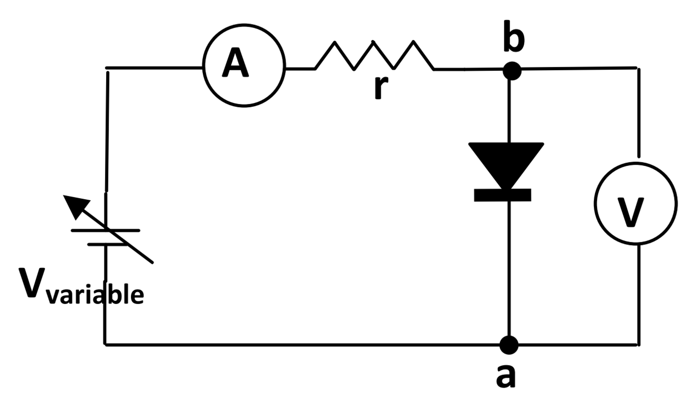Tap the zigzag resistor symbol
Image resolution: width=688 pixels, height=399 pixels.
click(x=374, y=55)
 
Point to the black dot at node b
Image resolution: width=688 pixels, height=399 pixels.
click(x=512, y=70)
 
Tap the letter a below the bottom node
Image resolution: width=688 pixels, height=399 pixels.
click(x=505, y=376)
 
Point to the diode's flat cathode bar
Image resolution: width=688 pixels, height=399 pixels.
click(x=502, y=195)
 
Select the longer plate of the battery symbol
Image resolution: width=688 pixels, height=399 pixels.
click(x=106, y=230)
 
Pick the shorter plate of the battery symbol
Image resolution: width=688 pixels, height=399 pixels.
click(x=107, y=243)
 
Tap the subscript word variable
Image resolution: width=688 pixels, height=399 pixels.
click(x=94, y=294)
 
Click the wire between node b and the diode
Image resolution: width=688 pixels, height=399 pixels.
click(x=509, y=109)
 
